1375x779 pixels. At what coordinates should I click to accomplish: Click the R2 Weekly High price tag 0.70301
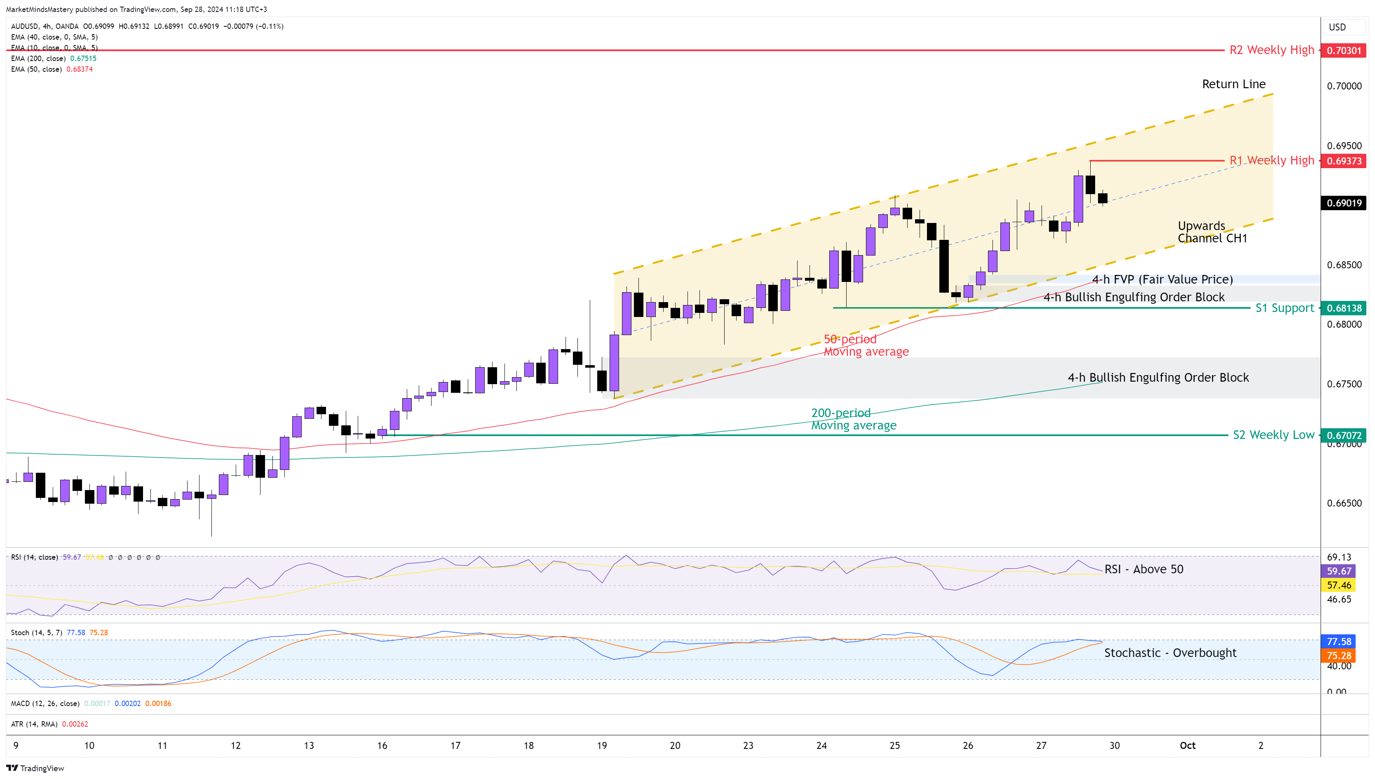coord(1343,50)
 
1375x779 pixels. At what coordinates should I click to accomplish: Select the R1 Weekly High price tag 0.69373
coord(1343,161)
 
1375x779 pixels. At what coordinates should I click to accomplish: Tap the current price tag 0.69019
coord(1343,203)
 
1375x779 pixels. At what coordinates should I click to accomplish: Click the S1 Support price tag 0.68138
coord(1343,308)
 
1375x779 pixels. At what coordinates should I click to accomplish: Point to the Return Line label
coord(1233,84)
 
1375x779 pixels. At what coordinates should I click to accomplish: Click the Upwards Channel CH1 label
coord(1212,232)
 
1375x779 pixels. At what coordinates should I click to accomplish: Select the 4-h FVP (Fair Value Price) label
coord(1162,279)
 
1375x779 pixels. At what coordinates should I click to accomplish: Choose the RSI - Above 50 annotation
coord(1143,569)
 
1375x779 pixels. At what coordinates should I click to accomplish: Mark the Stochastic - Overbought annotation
coord(1170,653)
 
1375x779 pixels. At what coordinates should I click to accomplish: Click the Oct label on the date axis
coord(1187,745)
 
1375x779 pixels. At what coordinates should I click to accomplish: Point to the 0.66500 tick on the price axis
coord(1344,503)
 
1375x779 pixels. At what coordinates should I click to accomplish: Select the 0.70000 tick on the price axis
coord(1344,86)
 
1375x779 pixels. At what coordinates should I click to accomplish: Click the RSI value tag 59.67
coord(1339,571)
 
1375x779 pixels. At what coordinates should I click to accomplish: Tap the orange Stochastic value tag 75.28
coord(1339,656)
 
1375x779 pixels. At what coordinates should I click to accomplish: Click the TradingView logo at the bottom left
coord(35,768)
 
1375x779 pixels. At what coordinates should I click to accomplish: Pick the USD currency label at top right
coord(1337,27)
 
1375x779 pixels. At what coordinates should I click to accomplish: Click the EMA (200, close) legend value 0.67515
coord(83,58)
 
